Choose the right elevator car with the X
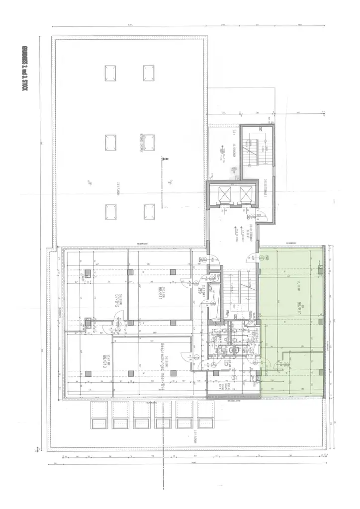(245, 194)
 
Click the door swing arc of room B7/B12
(119, 326)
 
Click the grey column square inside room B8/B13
(88, 373)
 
